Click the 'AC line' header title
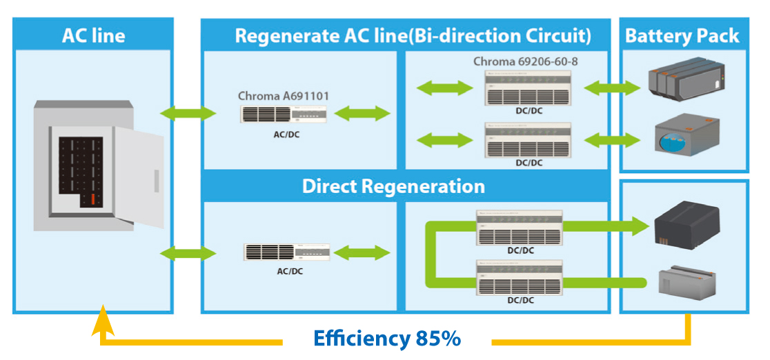(92, 35)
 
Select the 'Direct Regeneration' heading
(393, 186)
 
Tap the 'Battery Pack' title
(682, 36)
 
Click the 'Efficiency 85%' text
(386, 339)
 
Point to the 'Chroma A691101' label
(283, 96)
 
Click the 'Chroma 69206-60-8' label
(525, 62)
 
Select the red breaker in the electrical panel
(90, 201)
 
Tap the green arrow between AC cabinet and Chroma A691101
(187, 112)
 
